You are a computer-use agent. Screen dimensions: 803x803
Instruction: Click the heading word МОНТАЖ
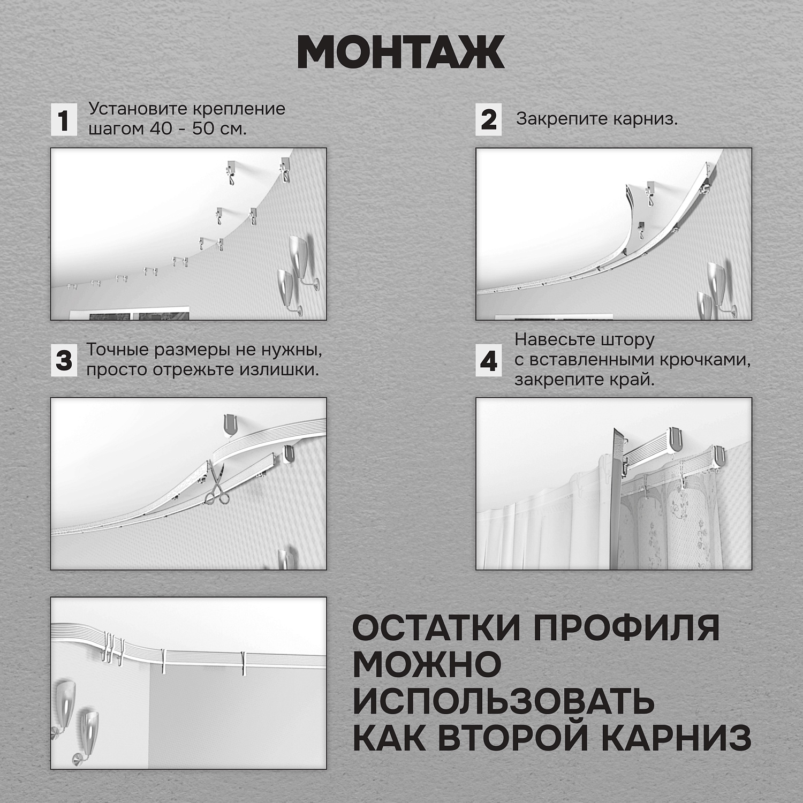click(x=400, y=52)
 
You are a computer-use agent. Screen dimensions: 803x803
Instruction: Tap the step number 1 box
click(x=64, y=119)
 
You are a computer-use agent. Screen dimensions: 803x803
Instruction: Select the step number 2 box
click(x=488, y=119)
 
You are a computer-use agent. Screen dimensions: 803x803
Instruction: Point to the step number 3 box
click(x=64, y=360)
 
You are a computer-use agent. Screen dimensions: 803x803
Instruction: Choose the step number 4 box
click(x=488, y=361)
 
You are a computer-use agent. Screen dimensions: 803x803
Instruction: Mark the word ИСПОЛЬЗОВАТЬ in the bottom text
click(x=503, y=701)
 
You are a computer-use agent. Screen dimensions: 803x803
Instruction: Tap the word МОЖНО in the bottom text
click(x=427, y=665)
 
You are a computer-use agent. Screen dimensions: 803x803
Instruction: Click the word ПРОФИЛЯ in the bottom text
click(x=626, y=628)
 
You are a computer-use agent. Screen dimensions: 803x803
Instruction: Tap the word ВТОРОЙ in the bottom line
click(x=514, y=738)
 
